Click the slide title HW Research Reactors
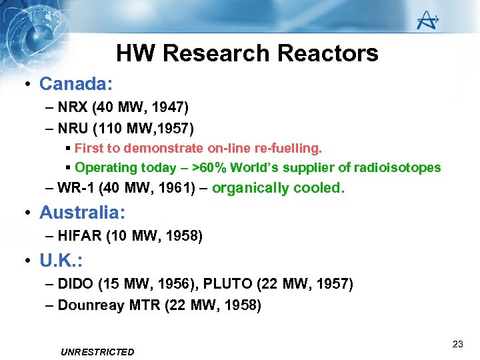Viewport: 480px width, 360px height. click(247, 53)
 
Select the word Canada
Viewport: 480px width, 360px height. click(74, 84)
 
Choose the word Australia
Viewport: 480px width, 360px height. click(81, 213)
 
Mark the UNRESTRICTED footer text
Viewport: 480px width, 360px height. click(97, 352)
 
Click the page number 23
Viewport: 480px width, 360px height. click(457, 344)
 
